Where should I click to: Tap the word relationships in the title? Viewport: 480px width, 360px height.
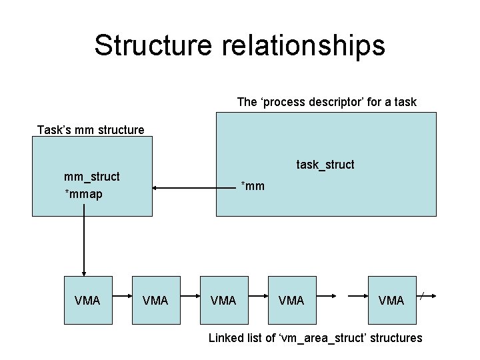[x=297, y=45]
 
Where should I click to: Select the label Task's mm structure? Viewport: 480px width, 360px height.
[x=91, y=129]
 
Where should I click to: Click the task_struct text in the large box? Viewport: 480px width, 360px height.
[x=325, y=164]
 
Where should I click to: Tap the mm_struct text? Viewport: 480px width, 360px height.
[x=91, y=177]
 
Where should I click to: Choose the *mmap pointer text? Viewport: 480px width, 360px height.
[x=83, y=195]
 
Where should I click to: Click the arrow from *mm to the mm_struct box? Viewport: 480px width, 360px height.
[x=193, y=189]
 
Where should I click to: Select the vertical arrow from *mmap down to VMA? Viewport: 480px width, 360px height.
[x=84, y=240]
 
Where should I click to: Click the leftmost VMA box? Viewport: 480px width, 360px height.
[x=87, y=300]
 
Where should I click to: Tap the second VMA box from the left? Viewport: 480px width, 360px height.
[x=155, y=300]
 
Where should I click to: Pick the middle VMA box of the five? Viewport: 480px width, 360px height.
[x=223, y=300]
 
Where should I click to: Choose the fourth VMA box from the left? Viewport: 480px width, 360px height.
[x=291, y=300]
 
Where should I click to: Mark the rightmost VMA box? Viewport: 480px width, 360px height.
[x=391, y=300]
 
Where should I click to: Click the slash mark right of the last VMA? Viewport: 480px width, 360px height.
[x=423, y=294]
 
